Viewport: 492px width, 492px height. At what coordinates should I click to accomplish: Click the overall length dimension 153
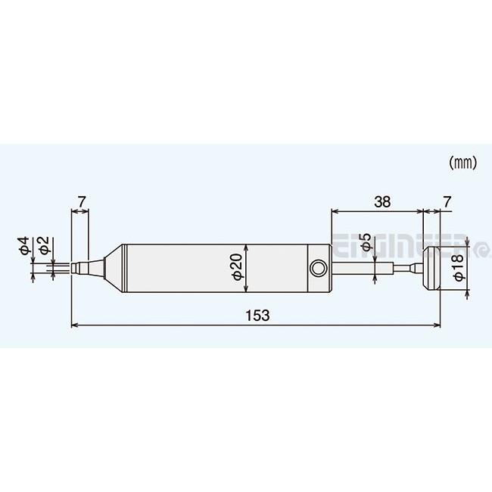coord(255,314)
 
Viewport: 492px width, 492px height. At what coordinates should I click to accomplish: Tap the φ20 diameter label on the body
coord(235,267)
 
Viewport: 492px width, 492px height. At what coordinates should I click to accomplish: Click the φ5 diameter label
coord(366,243)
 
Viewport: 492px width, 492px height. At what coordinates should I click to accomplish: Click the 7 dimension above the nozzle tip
coord(81,202)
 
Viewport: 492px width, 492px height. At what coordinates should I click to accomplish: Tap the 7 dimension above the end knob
coord(447,202)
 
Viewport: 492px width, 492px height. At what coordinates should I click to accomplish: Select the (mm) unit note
coord(461,162)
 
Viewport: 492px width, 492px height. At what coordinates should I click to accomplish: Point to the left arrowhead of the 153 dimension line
coord(73,326)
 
